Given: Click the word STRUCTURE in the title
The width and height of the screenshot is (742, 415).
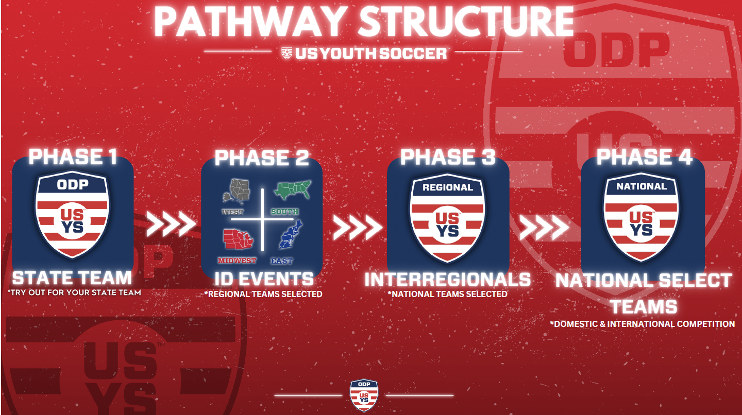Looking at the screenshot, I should [x=466, y=22].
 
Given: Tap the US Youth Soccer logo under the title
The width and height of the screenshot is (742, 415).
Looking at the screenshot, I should [x=363, y=53].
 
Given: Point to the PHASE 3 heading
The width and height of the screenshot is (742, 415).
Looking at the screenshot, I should [x=448, y=157].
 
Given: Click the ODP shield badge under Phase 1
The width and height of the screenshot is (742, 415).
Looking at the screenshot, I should [x=72, y=214].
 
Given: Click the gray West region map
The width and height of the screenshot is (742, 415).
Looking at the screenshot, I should [x=237, y=192].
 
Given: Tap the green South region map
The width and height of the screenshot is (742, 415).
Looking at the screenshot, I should [x=292, y=191].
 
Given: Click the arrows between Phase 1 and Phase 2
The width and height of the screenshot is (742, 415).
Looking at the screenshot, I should [x=171, y=224].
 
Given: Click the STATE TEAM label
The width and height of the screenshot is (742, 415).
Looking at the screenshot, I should [x=72, y=278].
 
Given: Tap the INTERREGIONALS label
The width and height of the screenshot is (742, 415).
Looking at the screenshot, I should [x=448, y=280].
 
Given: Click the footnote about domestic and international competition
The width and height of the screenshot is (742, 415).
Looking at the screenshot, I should [x=642, y=324].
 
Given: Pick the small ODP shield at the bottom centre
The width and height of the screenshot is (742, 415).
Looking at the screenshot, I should [x=364, y=395].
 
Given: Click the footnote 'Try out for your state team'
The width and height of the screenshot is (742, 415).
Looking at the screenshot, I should [x=74, y=292].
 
